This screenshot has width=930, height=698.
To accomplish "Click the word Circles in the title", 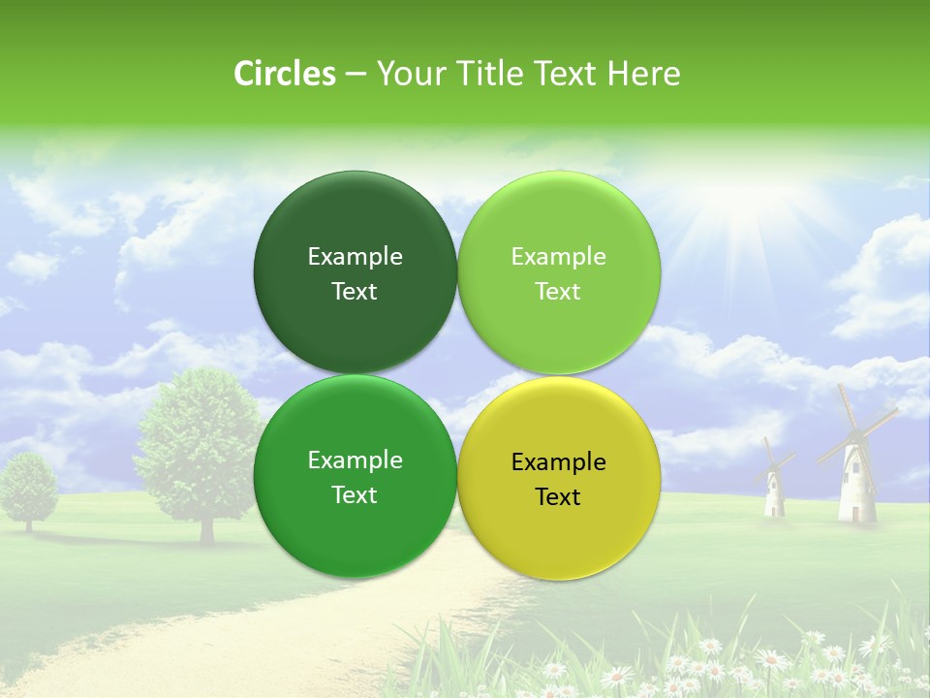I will [284, 74].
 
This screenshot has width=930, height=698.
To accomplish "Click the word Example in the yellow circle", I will [559, 461].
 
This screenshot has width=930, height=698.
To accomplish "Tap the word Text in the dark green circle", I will [355, 291].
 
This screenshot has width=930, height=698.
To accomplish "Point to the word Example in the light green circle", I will [559, 256].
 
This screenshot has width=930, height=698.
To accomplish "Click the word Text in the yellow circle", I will [558, 496].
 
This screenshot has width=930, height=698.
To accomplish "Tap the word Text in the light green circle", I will [558, 291].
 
